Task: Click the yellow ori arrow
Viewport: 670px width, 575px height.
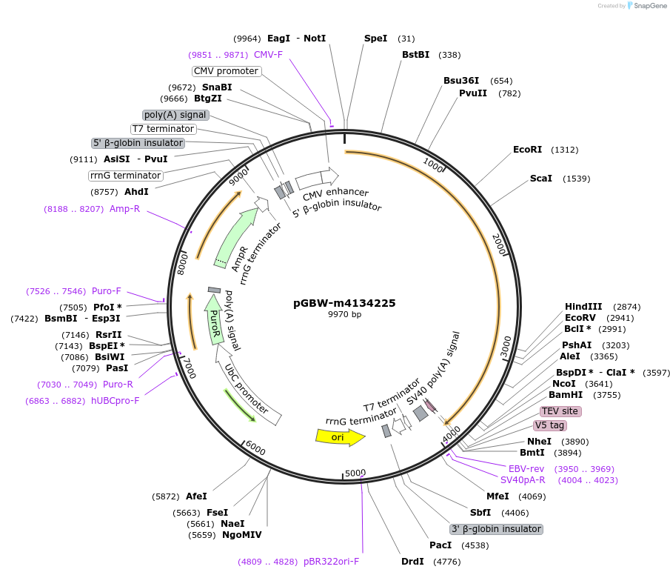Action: click(x=340, y=437)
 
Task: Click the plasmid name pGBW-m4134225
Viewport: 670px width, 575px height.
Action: click(x=344, y=303)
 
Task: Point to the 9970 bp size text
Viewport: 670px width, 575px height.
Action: click(x=344, y=314)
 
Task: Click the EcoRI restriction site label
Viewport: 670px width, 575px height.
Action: click(x=527, y=150)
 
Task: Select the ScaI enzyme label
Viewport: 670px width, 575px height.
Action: click(x=541, y=179)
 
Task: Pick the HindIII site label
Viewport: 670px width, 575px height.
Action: click(x=583, y=306)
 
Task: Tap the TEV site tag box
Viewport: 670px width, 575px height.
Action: click(x=560, y=411)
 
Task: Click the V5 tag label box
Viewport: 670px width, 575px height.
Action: click(x=549, y=425)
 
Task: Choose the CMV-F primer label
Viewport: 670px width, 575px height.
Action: click(x=268, y=55)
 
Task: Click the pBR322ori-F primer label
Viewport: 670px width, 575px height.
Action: click(x=331, y=562)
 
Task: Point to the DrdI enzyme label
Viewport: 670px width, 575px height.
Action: click(x=412, y=562)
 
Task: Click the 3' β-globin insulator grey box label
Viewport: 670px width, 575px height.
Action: click(x=496, y=529)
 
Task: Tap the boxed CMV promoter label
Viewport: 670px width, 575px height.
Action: click(x=226, y=71)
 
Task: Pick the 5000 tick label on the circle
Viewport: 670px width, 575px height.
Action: click(x=355, y=473)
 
